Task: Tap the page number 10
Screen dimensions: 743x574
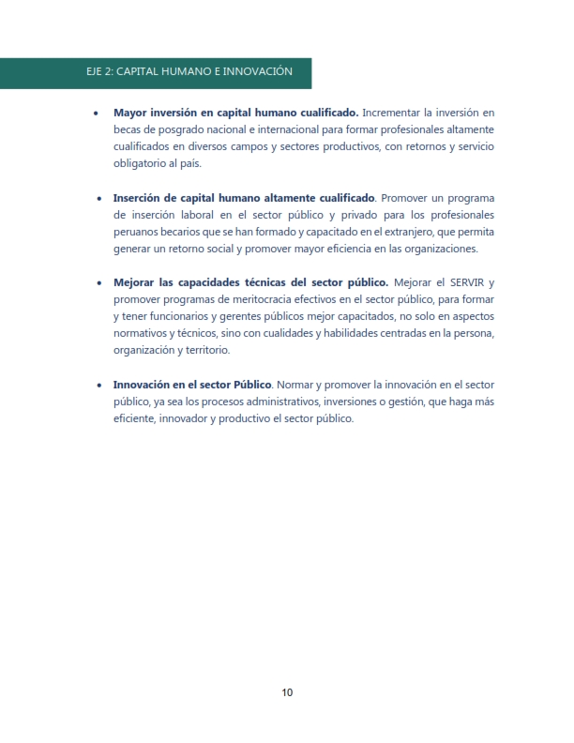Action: click(x=287, y=693)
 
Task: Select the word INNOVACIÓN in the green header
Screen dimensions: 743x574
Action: click(x=255, y=71)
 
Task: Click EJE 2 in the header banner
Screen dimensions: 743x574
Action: click(x=98, y=71)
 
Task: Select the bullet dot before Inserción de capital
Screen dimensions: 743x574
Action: click(x=99, y=199)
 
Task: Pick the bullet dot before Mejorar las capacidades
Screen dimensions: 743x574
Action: click(x=99, y=283)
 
